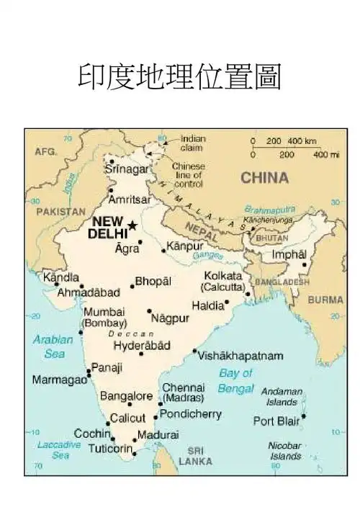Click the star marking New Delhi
point(132,225)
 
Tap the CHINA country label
point(264,177)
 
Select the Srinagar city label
point(127,169)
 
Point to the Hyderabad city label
point(142,345)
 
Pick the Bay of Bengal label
point(236,381)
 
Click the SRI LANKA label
point(195,456)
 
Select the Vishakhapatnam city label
point(240,356)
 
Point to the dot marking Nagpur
point(150,311)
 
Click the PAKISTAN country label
point(56,212)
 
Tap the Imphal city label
point(289,254)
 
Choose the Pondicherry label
point(191,414)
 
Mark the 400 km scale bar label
point(302,141)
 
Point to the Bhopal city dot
point(132,286)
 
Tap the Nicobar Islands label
point(285,450)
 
